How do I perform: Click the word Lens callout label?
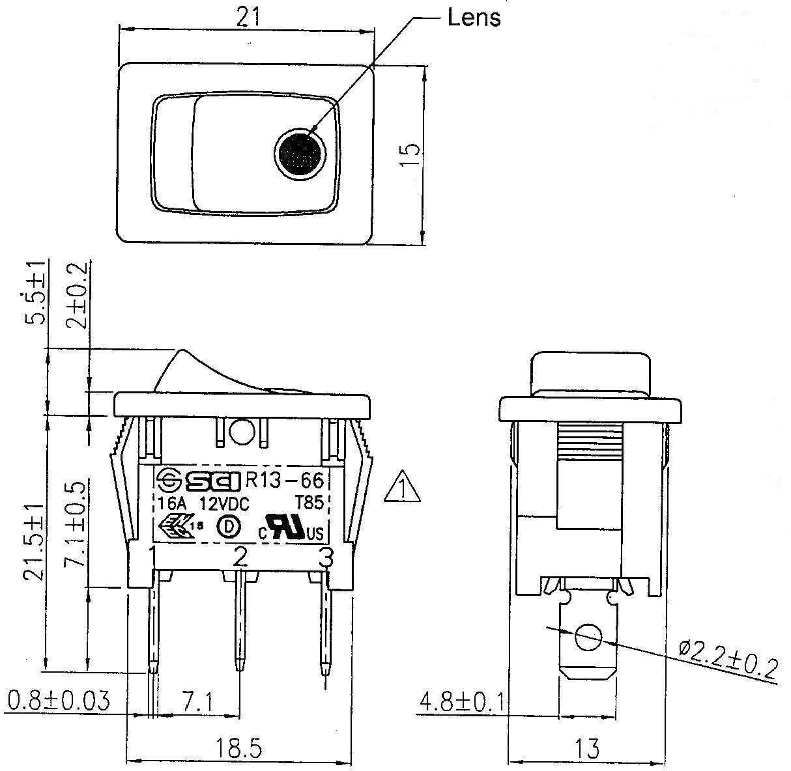pos(474,18)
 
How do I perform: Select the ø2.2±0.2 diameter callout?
pos(728,659)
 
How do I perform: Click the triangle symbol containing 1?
pos(402,488)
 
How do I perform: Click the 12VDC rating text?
pos(225,503)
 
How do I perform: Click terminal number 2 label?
pos(240,557)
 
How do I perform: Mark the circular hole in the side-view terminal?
pos(588,638)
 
